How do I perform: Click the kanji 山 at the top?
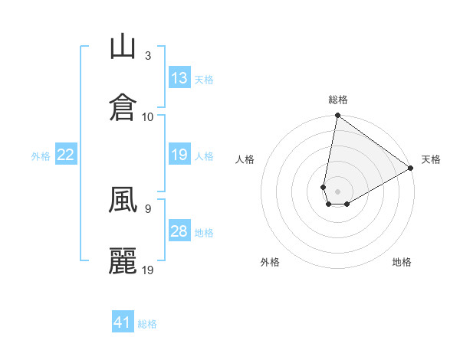[123, 47]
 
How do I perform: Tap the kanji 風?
[123, 201]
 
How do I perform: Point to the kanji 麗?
[123, 260]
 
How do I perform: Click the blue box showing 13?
[179, 78]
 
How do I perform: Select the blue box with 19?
[179, 155]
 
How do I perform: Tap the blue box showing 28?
[179, 231]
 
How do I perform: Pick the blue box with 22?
[66, 155]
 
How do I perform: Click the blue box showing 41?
[123, 322]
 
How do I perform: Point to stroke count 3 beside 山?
[148, 56]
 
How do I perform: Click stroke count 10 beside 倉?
[149, 116]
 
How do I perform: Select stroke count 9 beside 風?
[147, 207]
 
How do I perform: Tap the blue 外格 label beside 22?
[41, 156]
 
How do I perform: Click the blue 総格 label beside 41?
[147, 324]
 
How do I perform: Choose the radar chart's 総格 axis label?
[338, 100]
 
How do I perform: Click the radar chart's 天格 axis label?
[431, 159]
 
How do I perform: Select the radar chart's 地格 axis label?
[402, 262]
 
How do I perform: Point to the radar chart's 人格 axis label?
[245, 159]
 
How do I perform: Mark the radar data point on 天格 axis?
[411, 169]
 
